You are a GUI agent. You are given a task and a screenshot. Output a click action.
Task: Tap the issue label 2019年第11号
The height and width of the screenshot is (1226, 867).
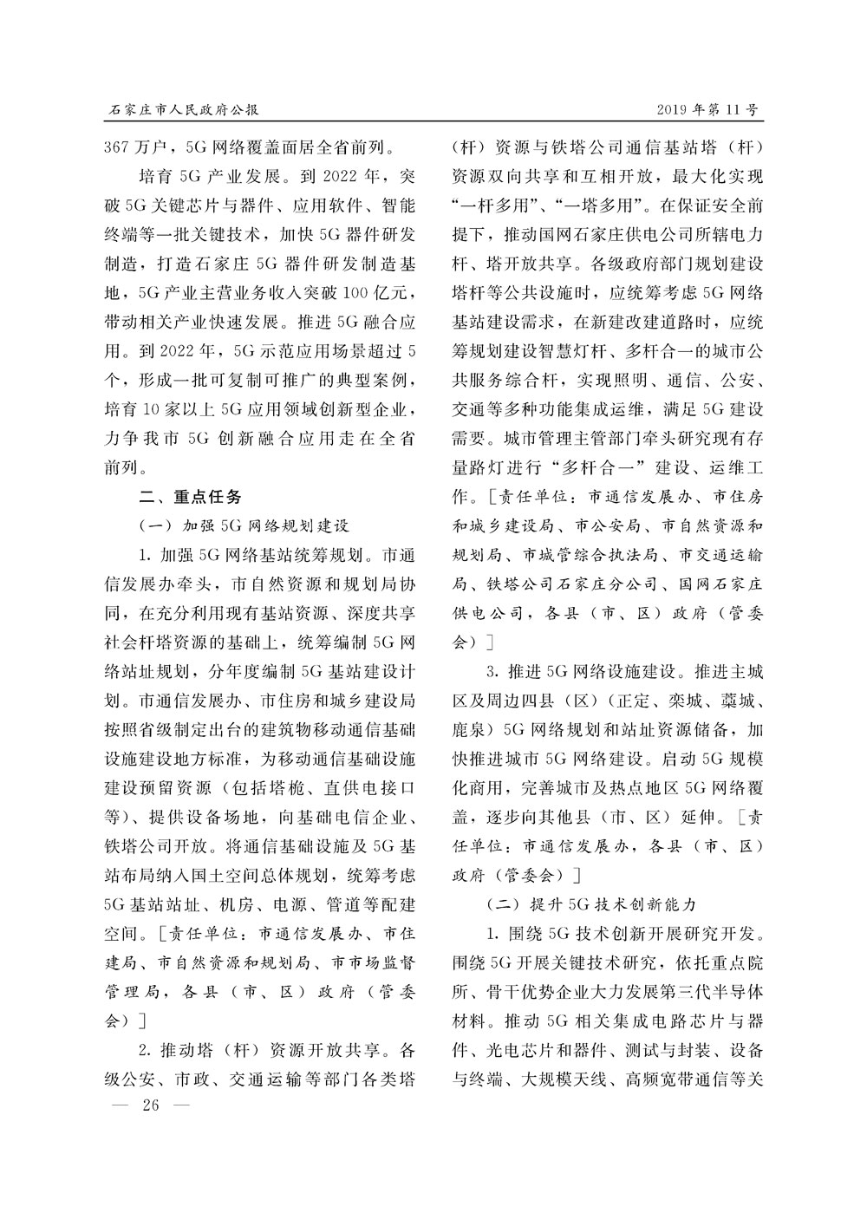coord(707,110)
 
